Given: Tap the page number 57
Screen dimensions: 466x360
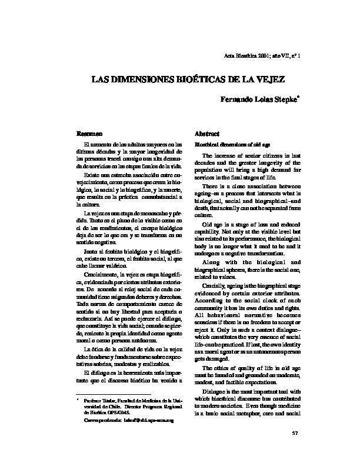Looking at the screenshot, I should pos(296,450).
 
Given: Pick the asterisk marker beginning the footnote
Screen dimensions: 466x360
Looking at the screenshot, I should pos(78,416).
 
